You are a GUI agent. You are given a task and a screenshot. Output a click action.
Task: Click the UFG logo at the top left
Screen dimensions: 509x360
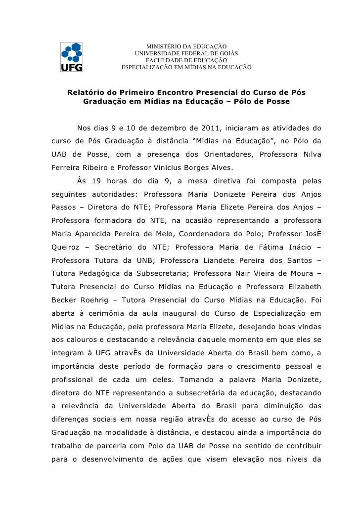(71, 57)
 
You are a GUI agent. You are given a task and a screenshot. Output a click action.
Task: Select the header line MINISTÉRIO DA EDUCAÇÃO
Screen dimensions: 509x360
(186, 46)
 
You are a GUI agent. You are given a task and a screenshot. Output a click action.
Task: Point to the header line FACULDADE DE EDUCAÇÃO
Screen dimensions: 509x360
(186, 60)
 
